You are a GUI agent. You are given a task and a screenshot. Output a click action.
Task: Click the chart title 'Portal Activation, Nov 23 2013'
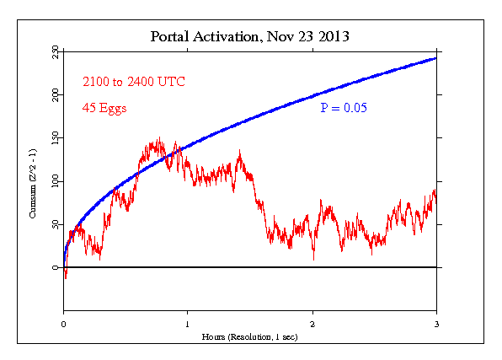point(250,37)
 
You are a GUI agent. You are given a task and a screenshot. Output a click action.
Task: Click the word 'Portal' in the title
point(168,37)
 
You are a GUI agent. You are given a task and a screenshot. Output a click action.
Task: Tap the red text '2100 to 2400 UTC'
point(133,82)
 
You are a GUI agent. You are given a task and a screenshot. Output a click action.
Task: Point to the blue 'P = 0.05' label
point(343,108)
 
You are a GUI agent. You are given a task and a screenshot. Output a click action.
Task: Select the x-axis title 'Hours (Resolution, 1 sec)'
point(250,336)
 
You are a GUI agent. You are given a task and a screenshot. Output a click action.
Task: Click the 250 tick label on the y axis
point(55,53)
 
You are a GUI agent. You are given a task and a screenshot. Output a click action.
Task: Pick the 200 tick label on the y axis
point(55,95)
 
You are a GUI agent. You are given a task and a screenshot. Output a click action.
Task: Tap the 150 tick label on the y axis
point(55,138)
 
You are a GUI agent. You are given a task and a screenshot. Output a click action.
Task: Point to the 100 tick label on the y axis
point(55,181)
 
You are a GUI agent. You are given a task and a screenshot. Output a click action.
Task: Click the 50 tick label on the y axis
point(55,224)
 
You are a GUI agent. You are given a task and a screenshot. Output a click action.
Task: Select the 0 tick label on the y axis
point(55,267)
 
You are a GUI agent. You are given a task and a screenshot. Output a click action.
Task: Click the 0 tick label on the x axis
point(64,324)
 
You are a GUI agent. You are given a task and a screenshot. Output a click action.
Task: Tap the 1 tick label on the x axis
point(188,324)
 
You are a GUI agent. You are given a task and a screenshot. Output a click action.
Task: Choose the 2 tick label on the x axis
point(312,324)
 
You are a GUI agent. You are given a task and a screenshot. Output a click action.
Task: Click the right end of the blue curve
point(435,58)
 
